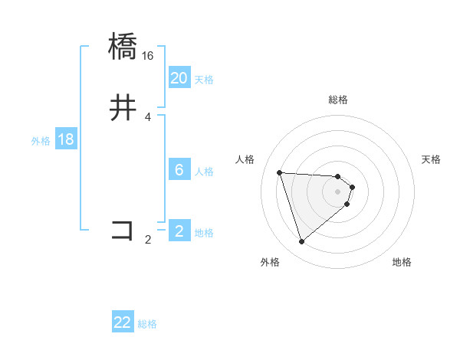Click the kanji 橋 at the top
point(123,46)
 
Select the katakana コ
point(123,230)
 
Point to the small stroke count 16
point(148,56)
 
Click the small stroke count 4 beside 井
point(148,117)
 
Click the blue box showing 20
point(179,78)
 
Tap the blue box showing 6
point(179,170)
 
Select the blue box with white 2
point(179,231)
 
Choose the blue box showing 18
point(65,139)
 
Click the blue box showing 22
point(123,322)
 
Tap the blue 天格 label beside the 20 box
point(204,80)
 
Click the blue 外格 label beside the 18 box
point(41,141)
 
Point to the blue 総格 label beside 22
point(147,324)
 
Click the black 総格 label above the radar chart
point(338,100)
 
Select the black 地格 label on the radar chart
point(402,263)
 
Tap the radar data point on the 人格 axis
point(280,172)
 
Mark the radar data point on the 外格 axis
point(302,242)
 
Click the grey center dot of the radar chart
point(338,191)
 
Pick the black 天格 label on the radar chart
point(431,159)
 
